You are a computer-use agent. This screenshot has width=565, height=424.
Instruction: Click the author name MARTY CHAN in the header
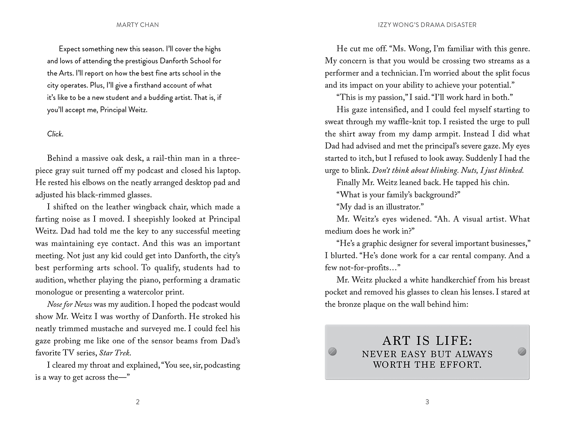[x=137, y=25]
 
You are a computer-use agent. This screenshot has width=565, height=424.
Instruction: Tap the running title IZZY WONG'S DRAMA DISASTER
[x=427, y=25]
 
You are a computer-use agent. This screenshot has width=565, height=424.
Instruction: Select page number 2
[x=137, y=402]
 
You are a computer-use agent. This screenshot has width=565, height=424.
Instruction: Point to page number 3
[x=427, y=402]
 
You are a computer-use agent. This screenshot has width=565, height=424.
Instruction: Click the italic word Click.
[x=55, y=134]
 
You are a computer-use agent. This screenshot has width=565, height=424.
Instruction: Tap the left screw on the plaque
[x=333, y=351]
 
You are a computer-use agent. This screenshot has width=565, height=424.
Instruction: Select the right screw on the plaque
[x=522, y=351]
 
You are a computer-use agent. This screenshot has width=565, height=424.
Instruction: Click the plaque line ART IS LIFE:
[x=427, y=341]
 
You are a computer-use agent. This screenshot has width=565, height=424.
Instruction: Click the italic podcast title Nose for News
[x=70, y=304]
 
